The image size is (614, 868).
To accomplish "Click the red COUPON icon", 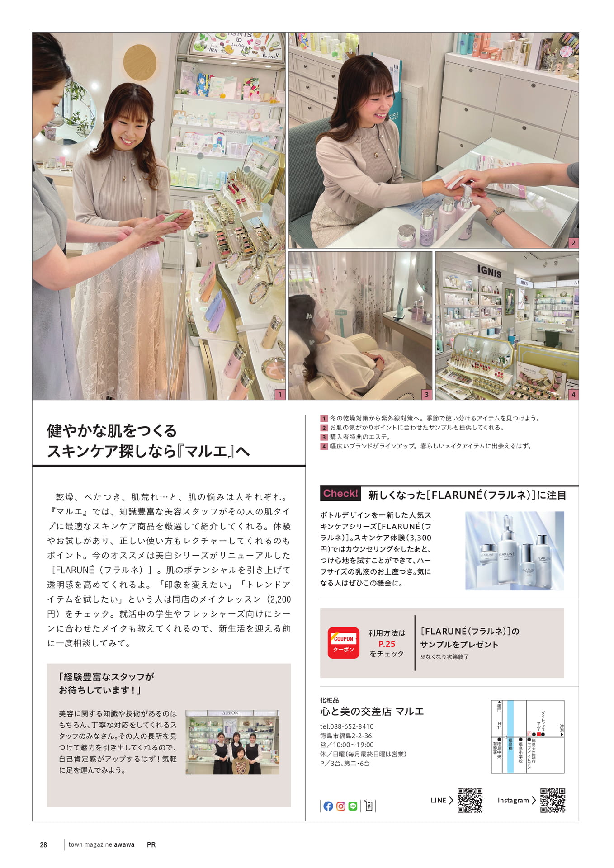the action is pyautogui.click(x=344, y=642).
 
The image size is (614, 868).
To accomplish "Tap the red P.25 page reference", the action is pyautogui.click(x=387, y=644).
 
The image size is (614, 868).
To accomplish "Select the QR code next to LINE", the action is pyautogui.click(x=470, y=800).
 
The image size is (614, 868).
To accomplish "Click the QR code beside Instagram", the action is pyautogui.click(x=553, y=800).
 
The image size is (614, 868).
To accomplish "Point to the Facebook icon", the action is pyautogui.click(x=329, y=806).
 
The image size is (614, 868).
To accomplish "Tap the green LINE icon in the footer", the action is pyautogui.click(x=353, y=806).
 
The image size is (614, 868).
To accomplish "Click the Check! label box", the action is pyautogui.click(x=341, y=494).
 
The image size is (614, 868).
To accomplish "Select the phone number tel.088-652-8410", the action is pyautogui.click(x=347, y=726).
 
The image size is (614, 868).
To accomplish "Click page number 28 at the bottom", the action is pyautogui.click(x=43, y=844).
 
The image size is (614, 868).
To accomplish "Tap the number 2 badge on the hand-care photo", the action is pyautogui.click(x=573, y=243).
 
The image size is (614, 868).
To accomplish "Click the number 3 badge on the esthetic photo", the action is pyautogui.click(x=426, y=394).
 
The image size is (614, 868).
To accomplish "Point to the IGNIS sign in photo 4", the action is pyautogui.click(x=489, y=271).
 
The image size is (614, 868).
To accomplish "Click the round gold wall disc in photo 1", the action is pyautogui.click(x=140, y=62).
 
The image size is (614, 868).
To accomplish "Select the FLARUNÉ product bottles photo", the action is pyautogui.click(x=515, y=551).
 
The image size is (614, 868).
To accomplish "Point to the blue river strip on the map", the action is pyautogui.click(x=510, y=736).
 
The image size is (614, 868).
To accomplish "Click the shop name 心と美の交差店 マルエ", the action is pyautogui.click(x=372, y=712).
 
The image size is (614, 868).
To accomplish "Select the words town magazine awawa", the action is pyautogui.click(x=101, y=844).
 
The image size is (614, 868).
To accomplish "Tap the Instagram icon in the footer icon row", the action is pyautogui.click(x=341, y=806).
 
